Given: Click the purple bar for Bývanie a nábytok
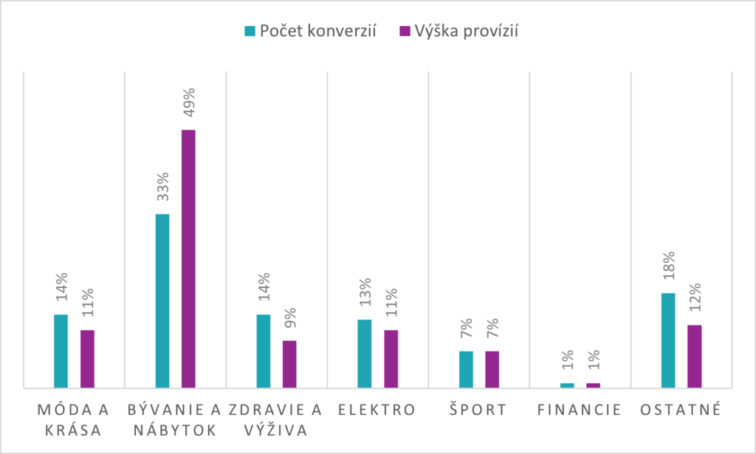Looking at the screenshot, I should click(x=188, y=258).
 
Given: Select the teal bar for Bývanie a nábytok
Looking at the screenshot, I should click(x=162, y=300).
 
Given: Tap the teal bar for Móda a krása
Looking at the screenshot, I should click(x=61, y=351).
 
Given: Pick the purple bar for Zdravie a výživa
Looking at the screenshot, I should click(x=289, y=364).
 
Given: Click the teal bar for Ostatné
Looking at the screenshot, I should click(x=668, y=340).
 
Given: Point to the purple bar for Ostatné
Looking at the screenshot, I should click(x=694, y=356).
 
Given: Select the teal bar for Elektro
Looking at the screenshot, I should click(x=364, y=354).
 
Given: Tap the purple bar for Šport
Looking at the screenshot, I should click(x=492, y=369).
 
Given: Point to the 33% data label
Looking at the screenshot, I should click(x=162, y=188).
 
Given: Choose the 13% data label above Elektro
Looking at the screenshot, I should click(x=365, y=293).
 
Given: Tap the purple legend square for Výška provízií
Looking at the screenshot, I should click(x=404, y=31).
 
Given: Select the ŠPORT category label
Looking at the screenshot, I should click(x=478, y=410).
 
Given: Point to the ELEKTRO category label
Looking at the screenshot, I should click(x=377, y=410).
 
